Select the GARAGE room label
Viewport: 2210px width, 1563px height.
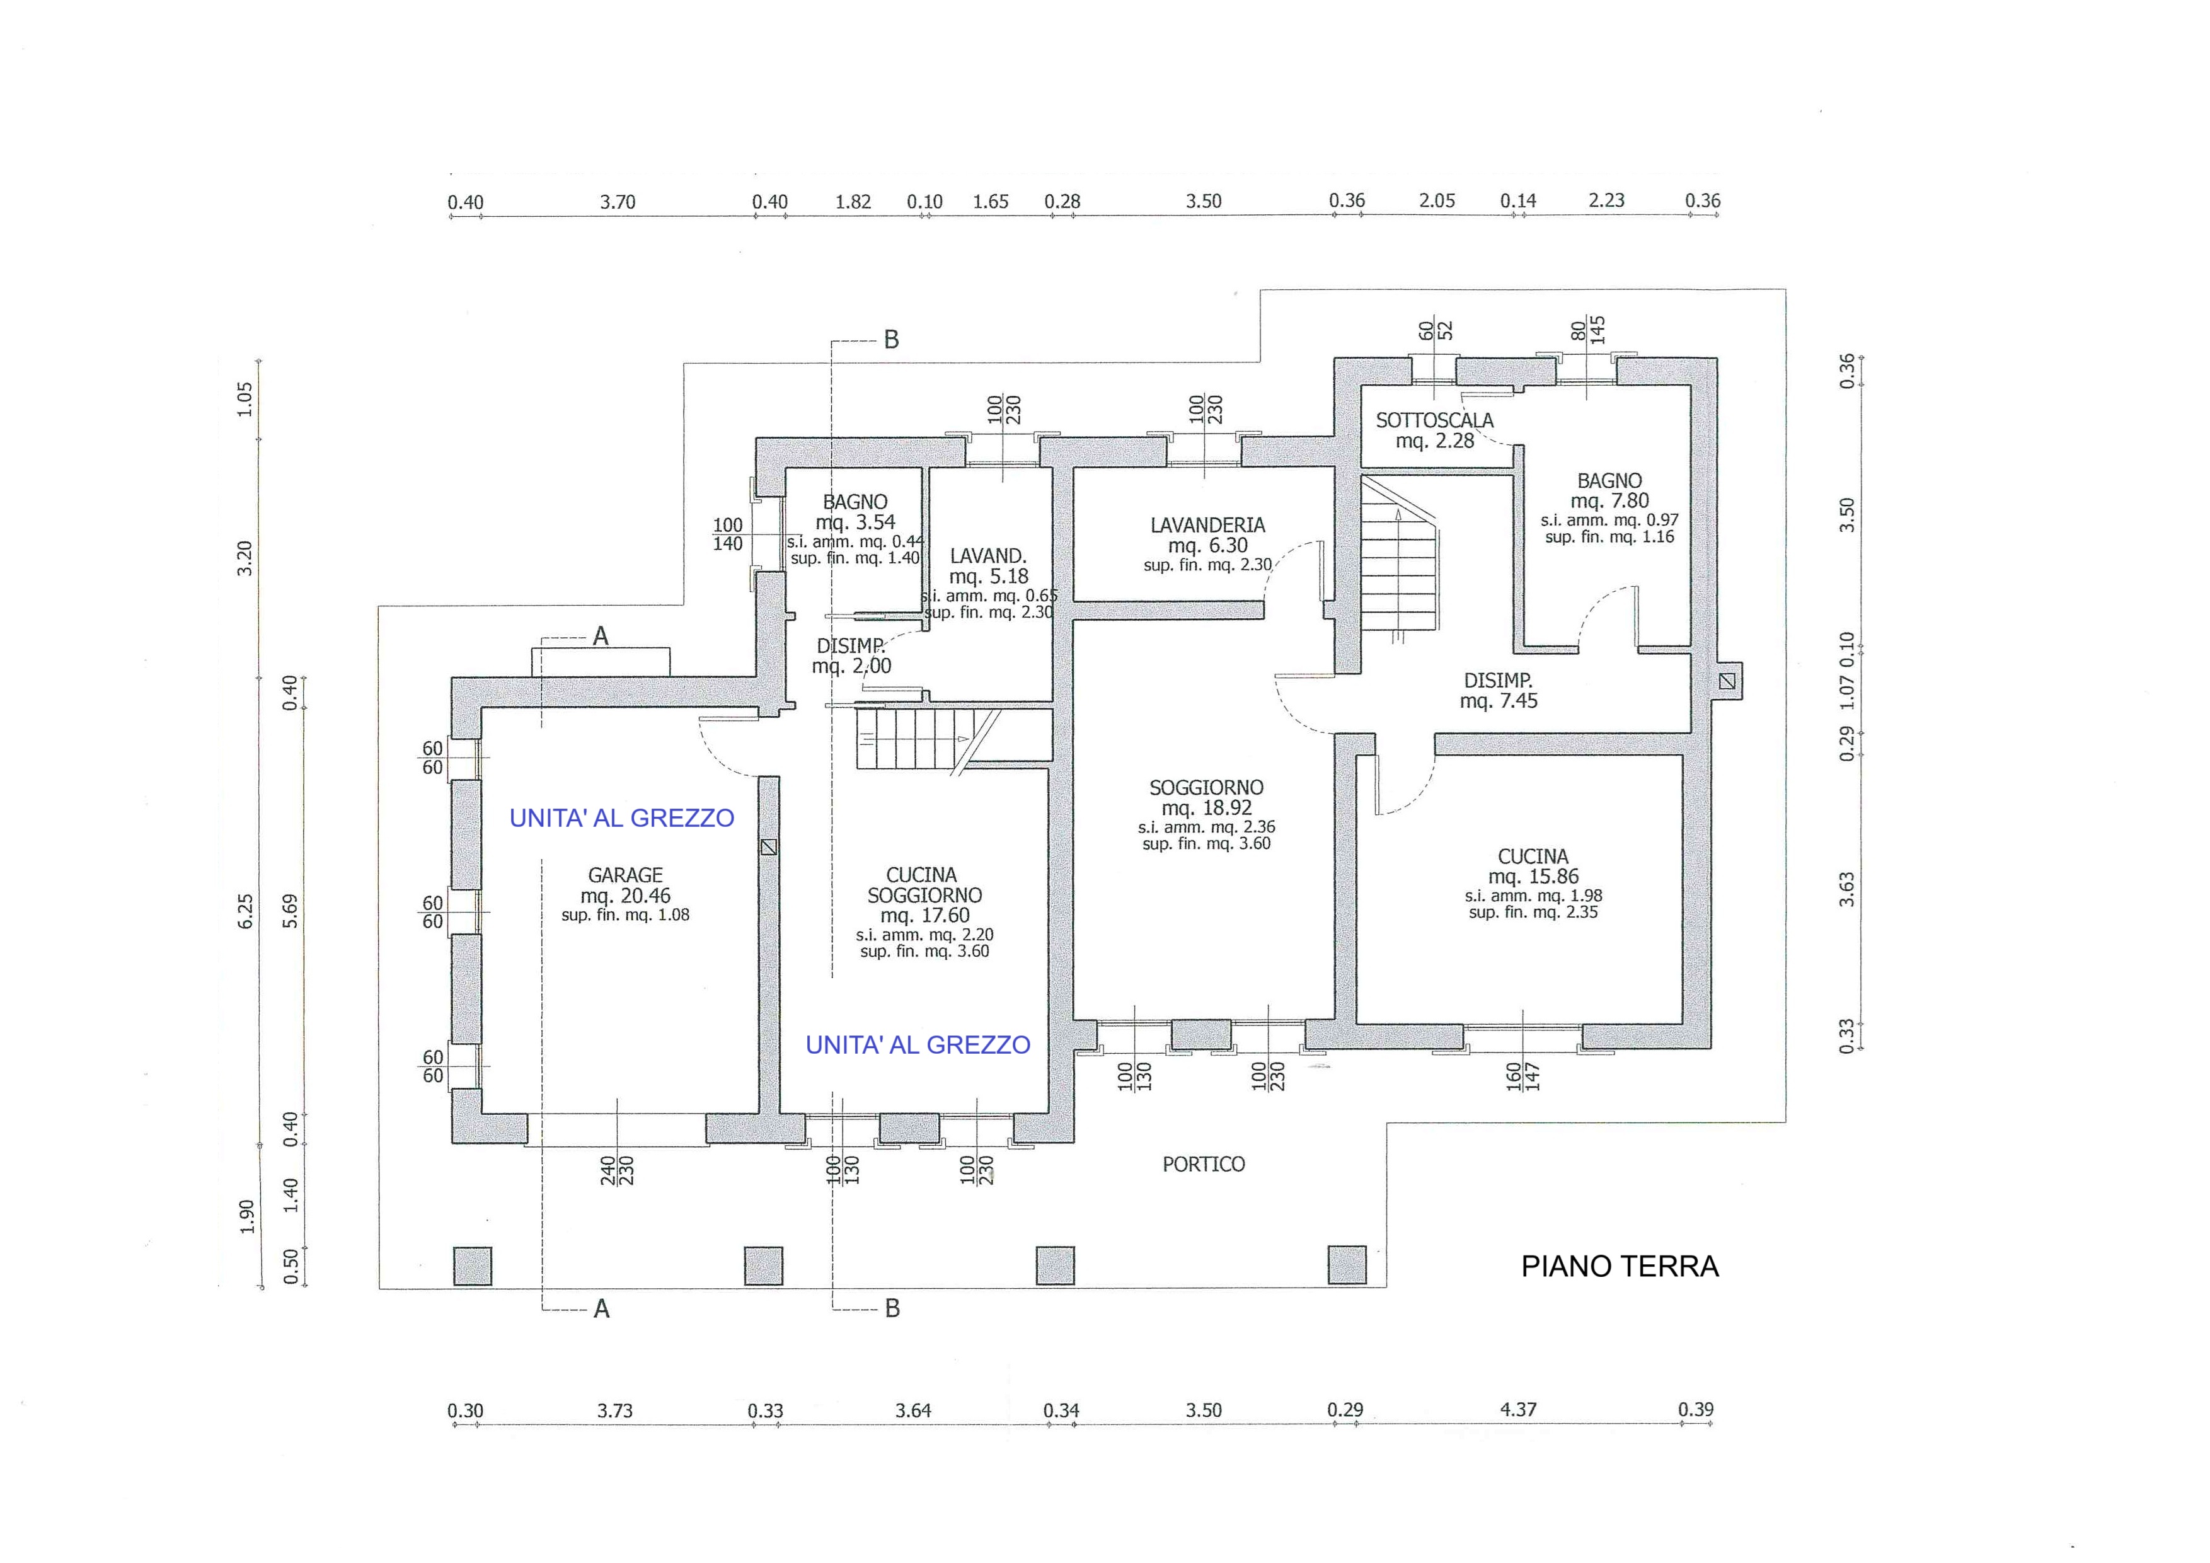pos(626,875)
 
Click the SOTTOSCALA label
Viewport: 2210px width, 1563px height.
pos(1434,420)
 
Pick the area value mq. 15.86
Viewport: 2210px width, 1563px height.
pos(1533,877)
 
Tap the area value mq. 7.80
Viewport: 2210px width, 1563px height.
pos(1609,500)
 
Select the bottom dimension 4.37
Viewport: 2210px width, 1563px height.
pos(1518,1410)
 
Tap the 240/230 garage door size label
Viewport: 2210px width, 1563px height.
pos(616,1169)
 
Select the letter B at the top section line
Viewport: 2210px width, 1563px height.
pos(891,340)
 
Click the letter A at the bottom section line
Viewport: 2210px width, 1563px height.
pos(602,1309)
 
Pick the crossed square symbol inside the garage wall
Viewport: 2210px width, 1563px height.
pos(768,848)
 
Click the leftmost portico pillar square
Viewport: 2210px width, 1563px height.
pos(473,1266)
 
